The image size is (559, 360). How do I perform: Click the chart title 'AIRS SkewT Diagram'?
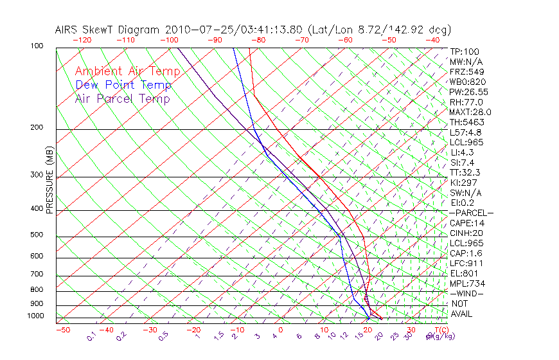(109, 30)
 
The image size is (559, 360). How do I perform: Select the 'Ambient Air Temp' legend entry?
(127, 71)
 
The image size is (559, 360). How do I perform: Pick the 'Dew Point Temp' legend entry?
(123, 85)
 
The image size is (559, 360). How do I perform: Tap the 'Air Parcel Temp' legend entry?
(122, 98)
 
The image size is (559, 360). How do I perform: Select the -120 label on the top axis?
(82, 40)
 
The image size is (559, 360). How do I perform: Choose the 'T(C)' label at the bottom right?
(441, 330)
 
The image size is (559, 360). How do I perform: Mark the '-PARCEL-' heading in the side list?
(471, 213)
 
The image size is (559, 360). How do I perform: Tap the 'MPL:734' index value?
(465, 283)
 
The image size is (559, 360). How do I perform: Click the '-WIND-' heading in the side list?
(466, 294)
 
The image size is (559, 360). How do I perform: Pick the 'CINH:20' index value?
(466, 233)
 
